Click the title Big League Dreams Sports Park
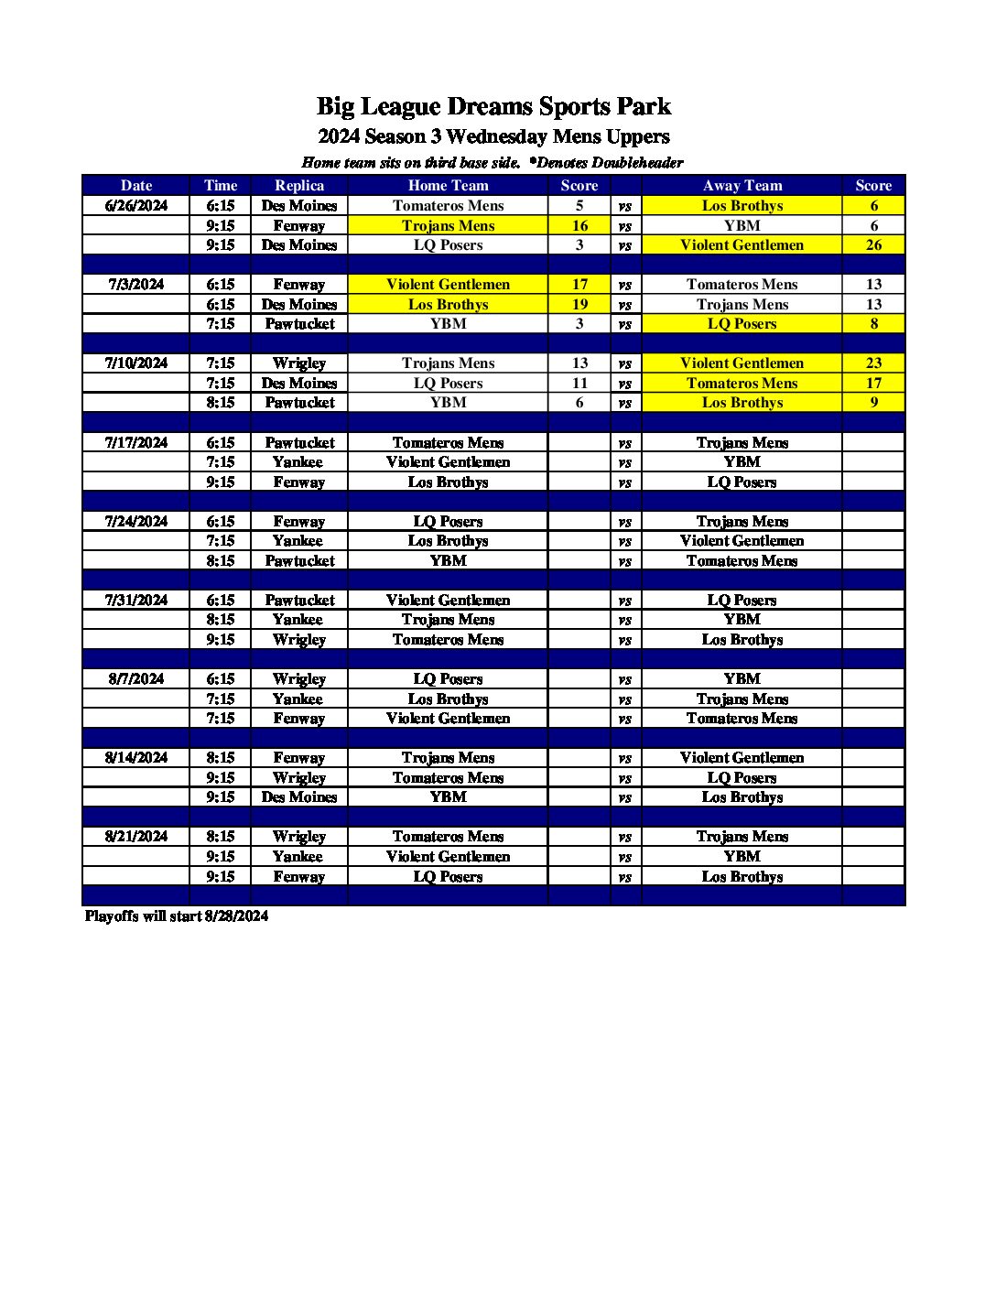click(493, 106)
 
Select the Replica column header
click(299, 185)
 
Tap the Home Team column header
click(448, 185)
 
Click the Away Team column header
click(742, 185)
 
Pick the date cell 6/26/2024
click(136, 206)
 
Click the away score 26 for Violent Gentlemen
click(873, 245)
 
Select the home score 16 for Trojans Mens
click(579, 226)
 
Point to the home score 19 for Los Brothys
click(579, 305)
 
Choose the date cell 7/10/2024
click(136, 363)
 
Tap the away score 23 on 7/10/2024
click(873, 363)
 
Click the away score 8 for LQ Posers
click(873, 324)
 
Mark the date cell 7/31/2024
click(136, 601)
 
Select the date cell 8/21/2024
click(136, 837)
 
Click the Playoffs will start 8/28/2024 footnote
click(177, 915)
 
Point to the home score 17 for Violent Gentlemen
click(579, 285)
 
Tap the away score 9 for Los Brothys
click(873, 403)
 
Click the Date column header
click(136, 185)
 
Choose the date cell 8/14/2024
click(136, 758)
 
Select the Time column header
click(221, 185)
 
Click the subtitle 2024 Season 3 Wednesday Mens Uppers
click(493, 137)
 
